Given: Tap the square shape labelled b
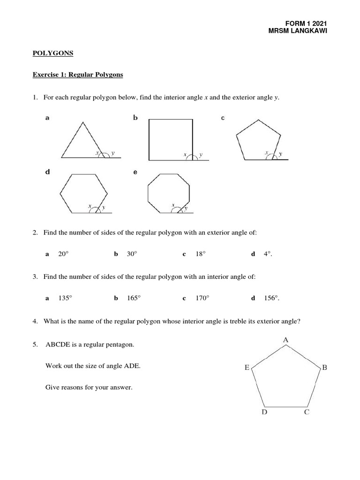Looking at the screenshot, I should point(171,140).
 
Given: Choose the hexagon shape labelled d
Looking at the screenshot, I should point(84,193).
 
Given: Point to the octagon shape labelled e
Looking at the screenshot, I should point(169,194).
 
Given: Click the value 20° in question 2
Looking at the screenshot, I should point(63,254).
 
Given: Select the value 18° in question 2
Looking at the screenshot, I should point(201,254).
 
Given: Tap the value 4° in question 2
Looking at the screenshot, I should point(268,254).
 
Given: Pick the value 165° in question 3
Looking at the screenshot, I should point(134,298).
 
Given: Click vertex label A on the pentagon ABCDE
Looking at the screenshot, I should point(285,339).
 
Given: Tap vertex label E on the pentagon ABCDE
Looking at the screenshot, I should point(247,368).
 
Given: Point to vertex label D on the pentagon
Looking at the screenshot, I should point(264,413).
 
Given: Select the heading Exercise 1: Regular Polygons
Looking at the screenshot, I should point(77,75).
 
